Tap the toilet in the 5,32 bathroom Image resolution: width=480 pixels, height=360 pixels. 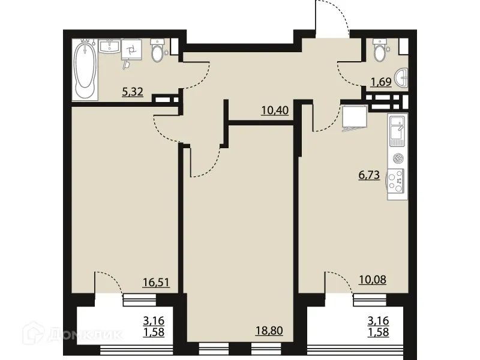click(x=158, y=52)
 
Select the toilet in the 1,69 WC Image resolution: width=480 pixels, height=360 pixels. click(x=380, y=52)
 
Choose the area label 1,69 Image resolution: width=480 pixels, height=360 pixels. click(x=380, y=82)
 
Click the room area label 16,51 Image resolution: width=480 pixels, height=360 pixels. click(x=156, y=281)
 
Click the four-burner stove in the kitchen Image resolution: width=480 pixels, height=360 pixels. click(x=397, y=181)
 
